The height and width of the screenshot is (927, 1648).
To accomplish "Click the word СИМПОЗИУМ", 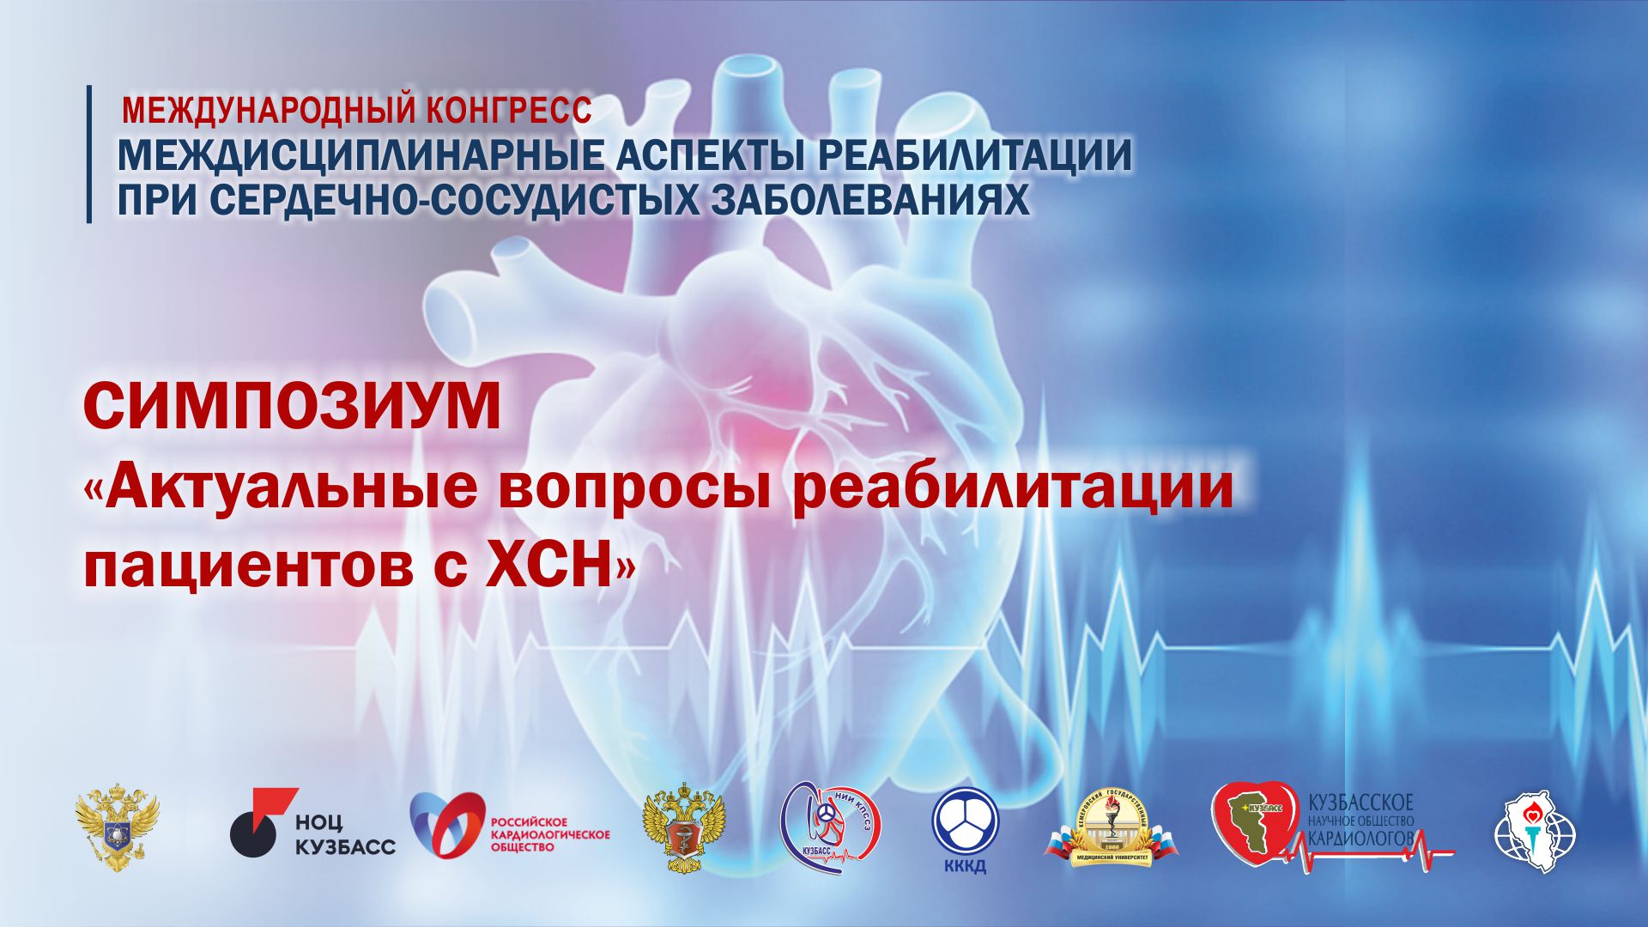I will click(292, 408).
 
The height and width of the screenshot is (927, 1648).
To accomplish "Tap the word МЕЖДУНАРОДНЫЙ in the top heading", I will click(269, 110).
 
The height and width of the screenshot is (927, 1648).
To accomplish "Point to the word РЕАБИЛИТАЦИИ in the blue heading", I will click(974, 155).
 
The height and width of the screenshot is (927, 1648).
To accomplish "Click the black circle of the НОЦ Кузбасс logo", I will click(252, 833).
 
